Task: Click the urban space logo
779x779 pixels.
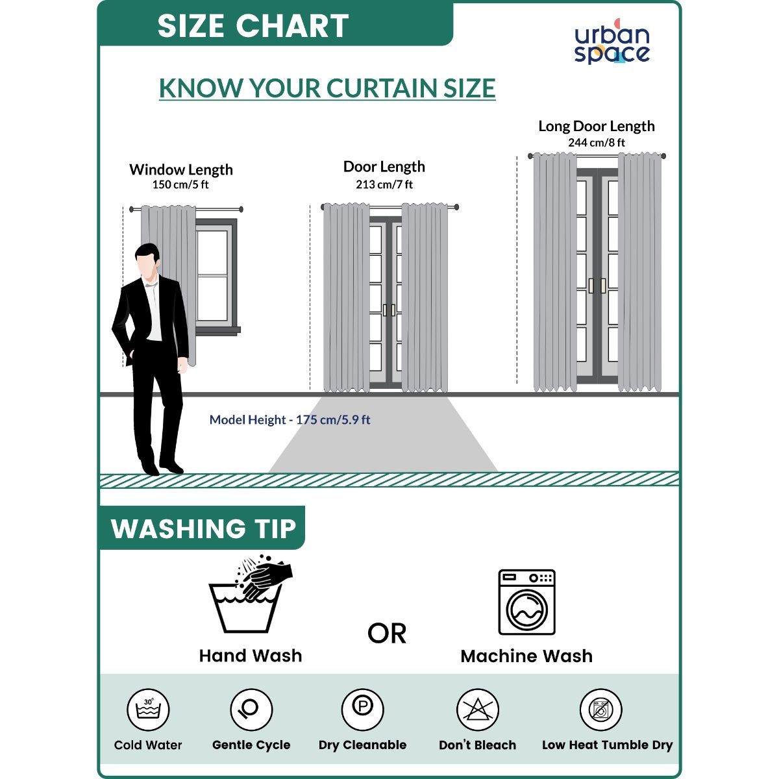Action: (612, 42)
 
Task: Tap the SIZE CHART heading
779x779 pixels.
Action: (253, 26)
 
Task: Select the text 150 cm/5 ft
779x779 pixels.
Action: (180, 185)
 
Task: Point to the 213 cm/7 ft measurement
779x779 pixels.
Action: (384, 185)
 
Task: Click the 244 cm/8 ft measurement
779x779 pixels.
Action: (597, 143)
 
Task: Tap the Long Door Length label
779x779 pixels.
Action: (597, 126)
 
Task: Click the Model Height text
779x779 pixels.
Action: (290, 419)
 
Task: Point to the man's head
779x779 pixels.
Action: (147, 263)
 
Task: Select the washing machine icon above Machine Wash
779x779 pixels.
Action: (526, 602)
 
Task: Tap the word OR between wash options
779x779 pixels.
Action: (386, 634)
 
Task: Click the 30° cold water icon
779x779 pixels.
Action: (148, 710)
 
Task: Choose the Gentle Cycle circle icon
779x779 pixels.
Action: (251, 710)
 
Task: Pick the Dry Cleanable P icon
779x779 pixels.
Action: (362, 710)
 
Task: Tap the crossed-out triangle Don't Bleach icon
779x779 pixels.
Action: (477, 710)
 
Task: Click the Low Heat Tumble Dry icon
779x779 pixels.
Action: (600, 710)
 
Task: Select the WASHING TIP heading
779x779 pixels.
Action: (204, 528)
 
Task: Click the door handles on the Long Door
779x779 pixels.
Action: (597, 286)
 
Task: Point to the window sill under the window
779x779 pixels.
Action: (218, 330)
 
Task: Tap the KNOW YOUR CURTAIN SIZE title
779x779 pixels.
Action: (327, 88)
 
